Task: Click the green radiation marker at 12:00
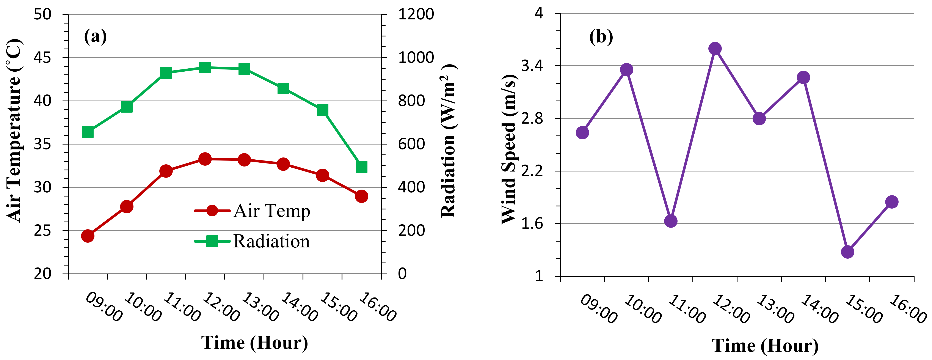click(x=205, y=67)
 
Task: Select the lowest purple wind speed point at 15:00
click(x=847, y=252)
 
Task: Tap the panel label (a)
click(x=95, y=36)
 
